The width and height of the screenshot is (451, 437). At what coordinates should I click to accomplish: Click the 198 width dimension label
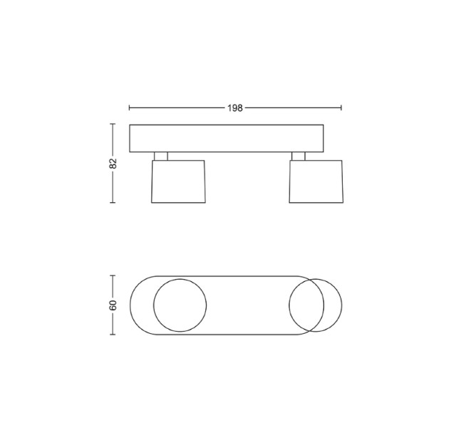[235, 108]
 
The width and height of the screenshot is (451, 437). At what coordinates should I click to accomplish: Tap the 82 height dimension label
[114, 163]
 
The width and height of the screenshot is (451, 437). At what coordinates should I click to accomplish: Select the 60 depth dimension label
[113, 305]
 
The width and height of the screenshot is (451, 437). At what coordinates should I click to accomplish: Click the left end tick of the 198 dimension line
[130, 107]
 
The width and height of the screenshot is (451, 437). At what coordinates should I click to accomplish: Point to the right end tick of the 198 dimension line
[341, 107]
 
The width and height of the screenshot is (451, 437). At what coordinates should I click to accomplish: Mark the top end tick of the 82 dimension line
[113, 124]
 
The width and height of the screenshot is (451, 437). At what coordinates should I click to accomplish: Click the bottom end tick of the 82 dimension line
[113, 203]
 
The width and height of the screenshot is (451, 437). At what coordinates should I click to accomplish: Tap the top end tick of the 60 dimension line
[113, 275]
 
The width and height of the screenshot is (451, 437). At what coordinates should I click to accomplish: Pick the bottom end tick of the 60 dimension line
[113, 334]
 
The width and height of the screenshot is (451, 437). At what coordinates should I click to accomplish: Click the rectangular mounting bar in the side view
[227, 138]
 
